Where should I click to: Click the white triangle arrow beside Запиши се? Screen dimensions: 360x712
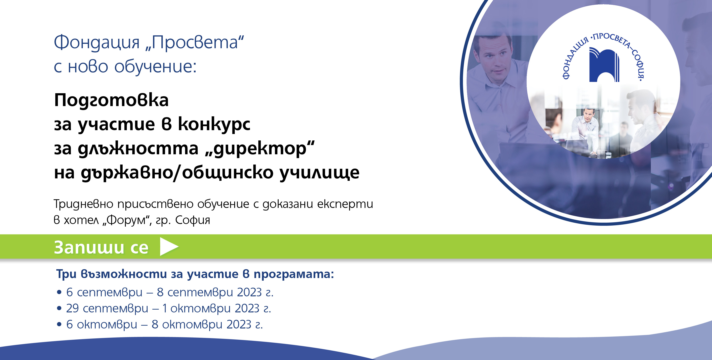point(168,247)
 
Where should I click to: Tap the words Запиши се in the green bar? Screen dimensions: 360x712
point(101,247)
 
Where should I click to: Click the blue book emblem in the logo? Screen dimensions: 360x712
point(604,65)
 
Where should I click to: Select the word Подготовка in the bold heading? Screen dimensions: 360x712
point(111,100)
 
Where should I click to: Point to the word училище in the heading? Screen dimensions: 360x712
point(320,173)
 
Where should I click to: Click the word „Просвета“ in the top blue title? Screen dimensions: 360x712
point(195,43)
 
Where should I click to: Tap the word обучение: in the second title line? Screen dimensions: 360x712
point(155,67)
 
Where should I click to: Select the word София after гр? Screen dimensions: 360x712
point(193,220)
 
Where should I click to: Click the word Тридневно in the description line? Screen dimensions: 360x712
point(83,204)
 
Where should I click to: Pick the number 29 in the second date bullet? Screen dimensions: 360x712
point(72,308)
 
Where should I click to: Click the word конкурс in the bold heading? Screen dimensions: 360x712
point(214,124)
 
